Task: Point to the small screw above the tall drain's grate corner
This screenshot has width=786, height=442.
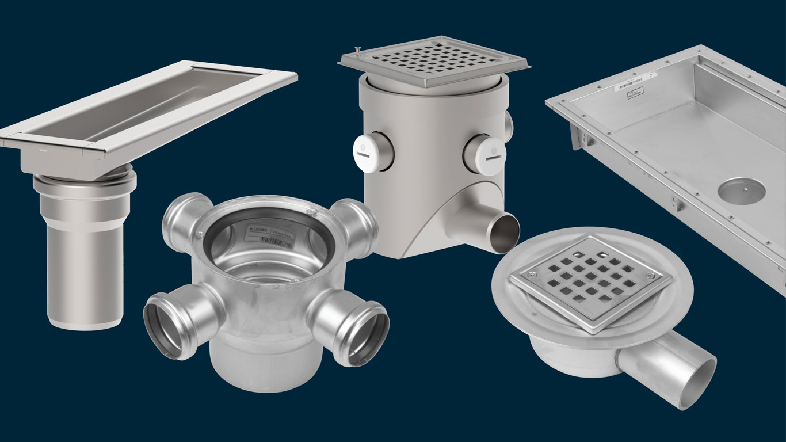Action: [357, 49]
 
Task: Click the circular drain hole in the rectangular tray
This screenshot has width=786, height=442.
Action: [742, 190]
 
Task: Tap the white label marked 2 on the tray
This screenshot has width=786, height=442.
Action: [651, 74]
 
